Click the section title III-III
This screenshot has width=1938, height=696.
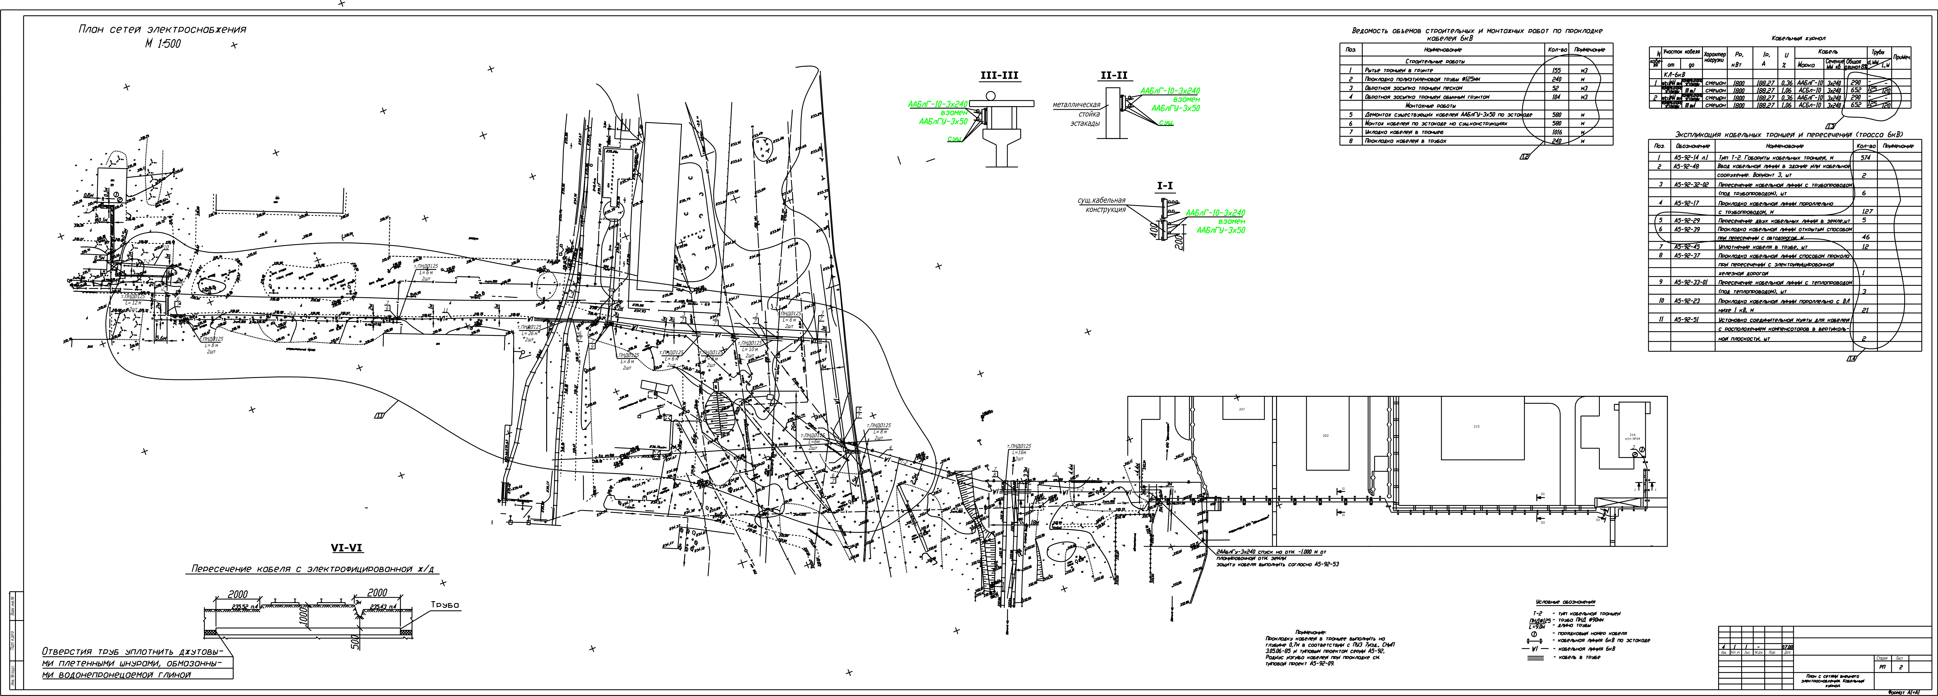pos(998,75)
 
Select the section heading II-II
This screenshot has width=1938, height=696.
pos(1113,75)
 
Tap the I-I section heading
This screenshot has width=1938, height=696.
pos(1165,185)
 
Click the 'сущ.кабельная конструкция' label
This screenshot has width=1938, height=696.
pos(1101,205)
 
